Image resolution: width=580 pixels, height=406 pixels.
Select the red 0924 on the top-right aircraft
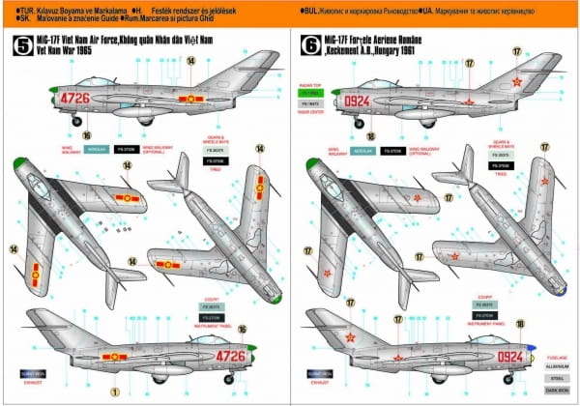(359, 98)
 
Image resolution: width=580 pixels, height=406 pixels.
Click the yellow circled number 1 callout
(114, 391)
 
